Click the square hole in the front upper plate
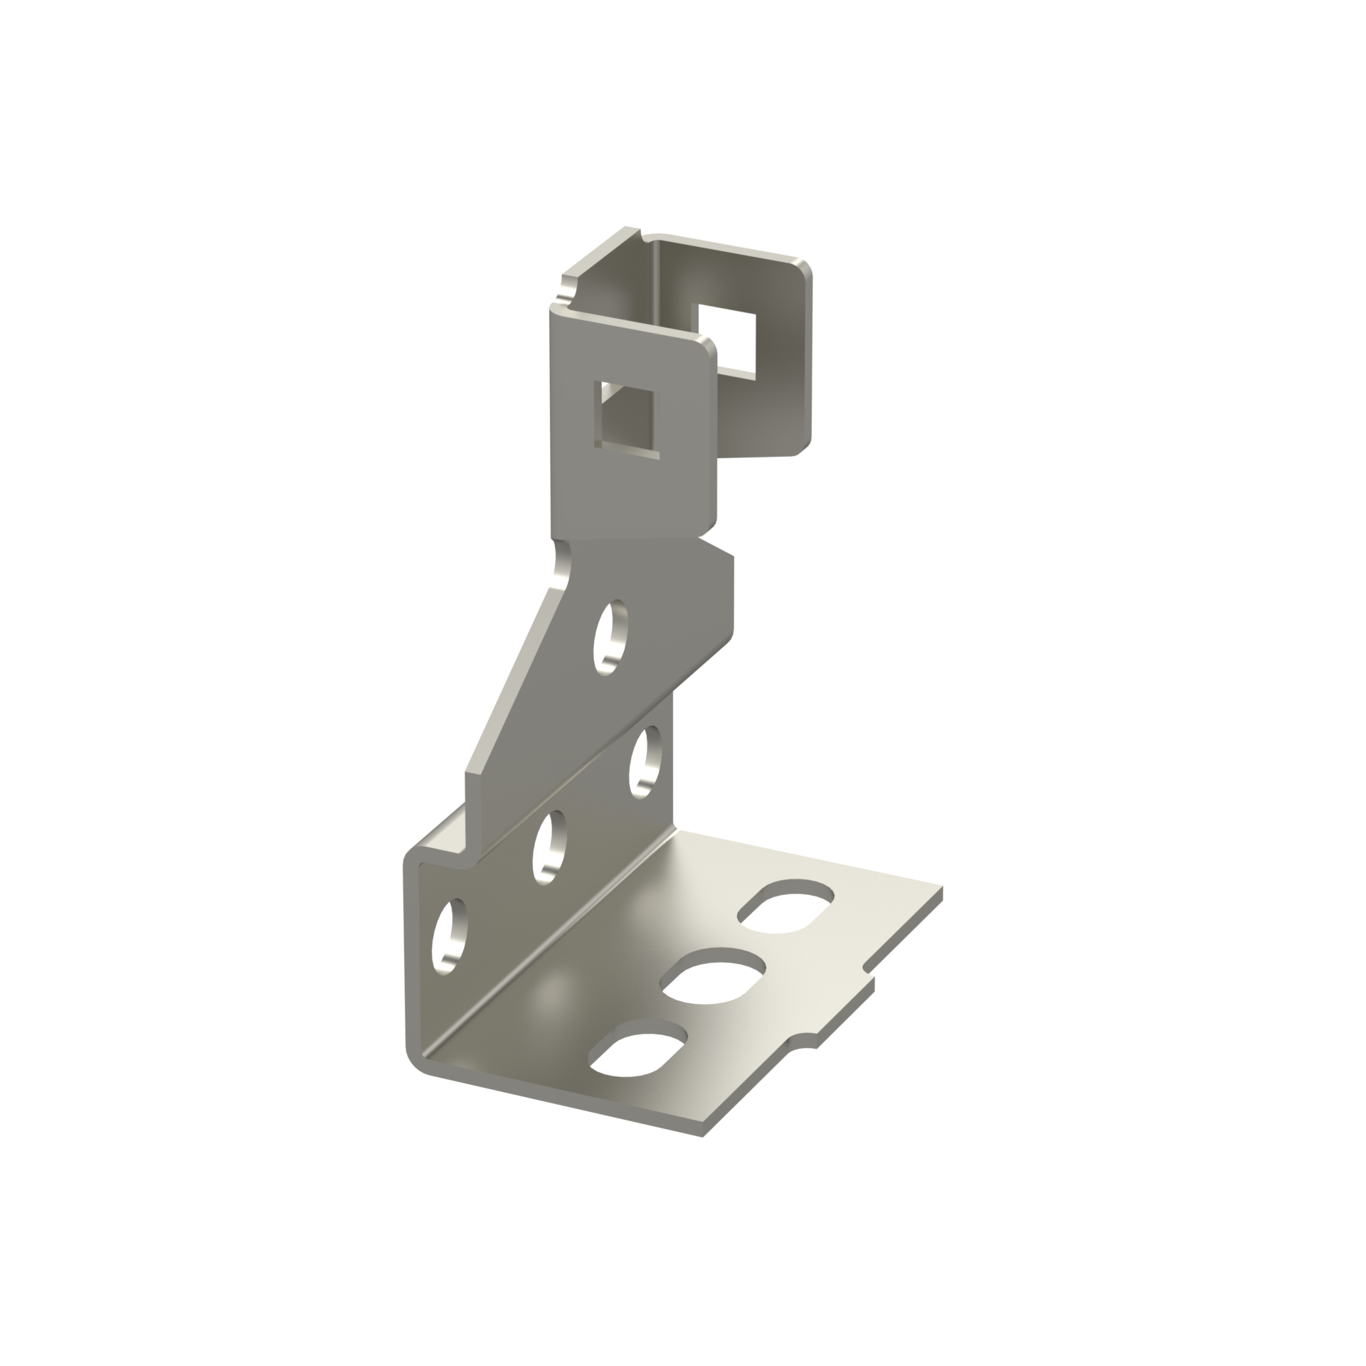tap(627, 420)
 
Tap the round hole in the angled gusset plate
tap(610, 637)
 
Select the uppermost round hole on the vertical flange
tap(645, 762)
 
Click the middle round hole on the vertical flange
tap(549, 847)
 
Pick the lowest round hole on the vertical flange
tap(449, 936)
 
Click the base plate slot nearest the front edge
tap(638, 1057)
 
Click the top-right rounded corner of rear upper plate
tap(804, 268)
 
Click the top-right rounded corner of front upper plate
tap(709, 348)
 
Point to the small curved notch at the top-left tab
tap(567, 292)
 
